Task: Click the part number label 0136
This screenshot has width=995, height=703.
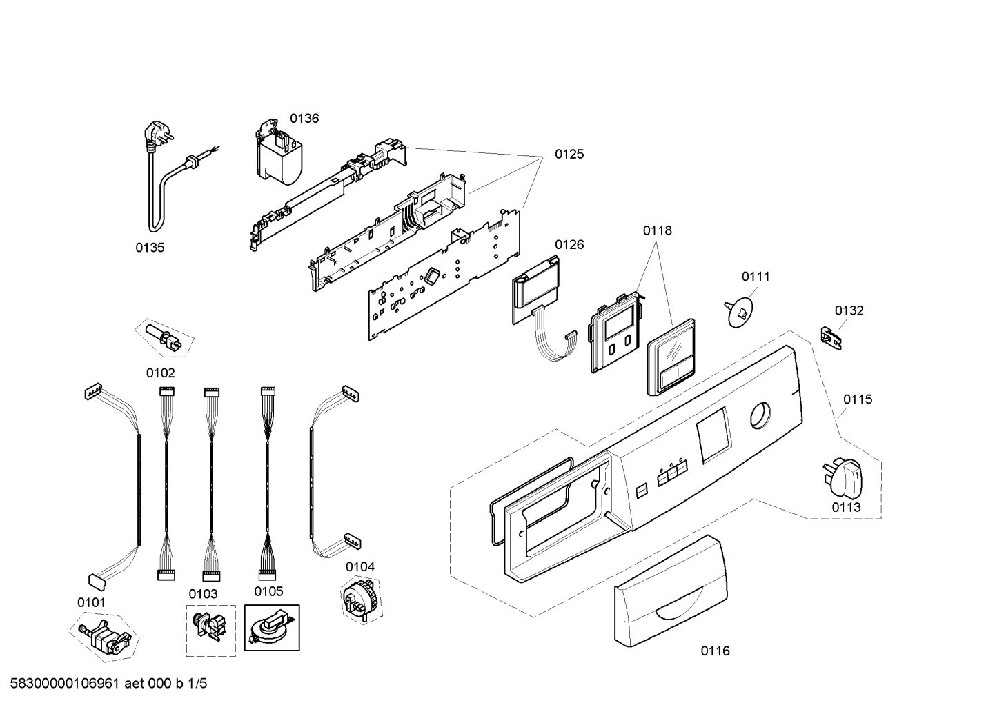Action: [x=304, y=119]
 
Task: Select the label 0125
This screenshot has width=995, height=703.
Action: [x=569, y=155]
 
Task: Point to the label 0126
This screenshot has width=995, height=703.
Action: [x=569, y=245]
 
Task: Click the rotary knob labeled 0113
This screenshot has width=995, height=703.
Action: [x=843, y=477]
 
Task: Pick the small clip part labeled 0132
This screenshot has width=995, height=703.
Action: [x=831, y=338]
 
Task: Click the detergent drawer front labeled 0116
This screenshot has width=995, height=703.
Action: [x=671, y=591]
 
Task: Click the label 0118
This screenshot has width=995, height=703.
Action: [x=658, y=231]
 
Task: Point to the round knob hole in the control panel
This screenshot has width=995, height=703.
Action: [x=760, y=416]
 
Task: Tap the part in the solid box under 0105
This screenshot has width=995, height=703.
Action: [x=270, y=628]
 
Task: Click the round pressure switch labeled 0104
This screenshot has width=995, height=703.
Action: [x=362, y=598]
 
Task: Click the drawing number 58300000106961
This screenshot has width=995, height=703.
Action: [x=64, y=684]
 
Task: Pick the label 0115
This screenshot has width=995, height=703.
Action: [x=858, y=399]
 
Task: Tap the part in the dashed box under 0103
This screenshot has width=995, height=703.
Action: [x=210, y=626]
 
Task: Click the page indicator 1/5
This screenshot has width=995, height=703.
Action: [x=197, y=684]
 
